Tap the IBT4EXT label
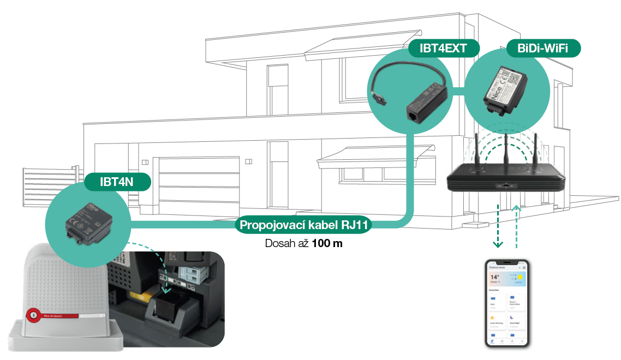(x=443, y=49)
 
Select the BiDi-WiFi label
(x=542, y=49)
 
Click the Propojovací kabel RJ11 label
(x=304, y=225)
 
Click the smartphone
(x=507, y=303)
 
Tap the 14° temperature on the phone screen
(x=495, y=278)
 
